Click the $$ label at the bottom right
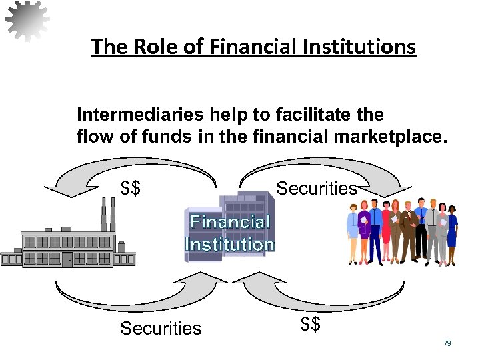311,325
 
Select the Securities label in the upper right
317,189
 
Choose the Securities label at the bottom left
161,328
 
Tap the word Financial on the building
231,223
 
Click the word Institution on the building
229,244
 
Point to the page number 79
447,343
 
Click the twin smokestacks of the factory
107,213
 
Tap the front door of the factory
67,259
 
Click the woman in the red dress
386,230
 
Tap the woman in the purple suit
365,233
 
